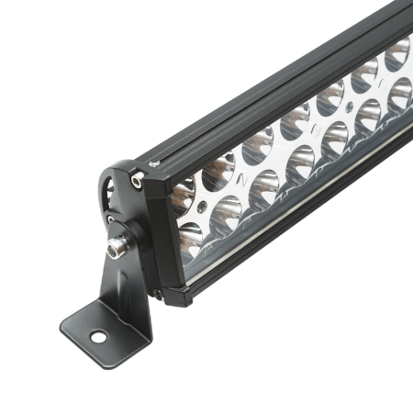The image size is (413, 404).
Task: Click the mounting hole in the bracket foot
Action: tap(96, 337)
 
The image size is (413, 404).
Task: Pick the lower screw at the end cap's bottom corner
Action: tap(157, 295)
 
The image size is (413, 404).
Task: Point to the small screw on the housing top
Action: tap(153, 163)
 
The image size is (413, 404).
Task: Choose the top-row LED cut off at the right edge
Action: tap(398, 55)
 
